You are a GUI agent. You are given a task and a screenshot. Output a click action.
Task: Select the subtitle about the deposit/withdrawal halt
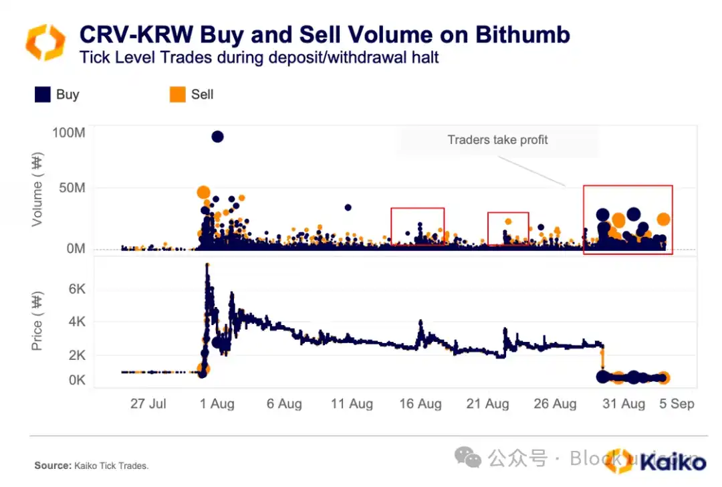259,57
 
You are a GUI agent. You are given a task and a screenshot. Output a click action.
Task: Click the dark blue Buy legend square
43,94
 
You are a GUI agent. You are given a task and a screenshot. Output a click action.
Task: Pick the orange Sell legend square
177,94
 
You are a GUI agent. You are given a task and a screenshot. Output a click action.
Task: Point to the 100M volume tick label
68,132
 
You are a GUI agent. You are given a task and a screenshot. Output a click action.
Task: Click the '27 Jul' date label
148,404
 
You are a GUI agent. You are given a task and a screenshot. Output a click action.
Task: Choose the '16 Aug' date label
420,404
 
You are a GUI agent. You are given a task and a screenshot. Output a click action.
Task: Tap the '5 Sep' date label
678,404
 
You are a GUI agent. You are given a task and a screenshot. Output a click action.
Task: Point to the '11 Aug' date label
352,404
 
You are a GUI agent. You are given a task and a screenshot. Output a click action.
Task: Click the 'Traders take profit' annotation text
497,140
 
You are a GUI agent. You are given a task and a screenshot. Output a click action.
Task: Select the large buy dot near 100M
217,136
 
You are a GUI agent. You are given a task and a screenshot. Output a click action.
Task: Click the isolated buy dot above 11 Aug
348,207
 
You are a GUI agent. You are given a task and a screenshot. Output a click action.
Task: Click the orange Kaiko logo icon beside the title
45,41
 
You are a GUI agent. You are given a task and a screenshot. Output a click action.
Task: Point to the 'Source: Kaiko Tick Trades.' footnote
92,466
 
